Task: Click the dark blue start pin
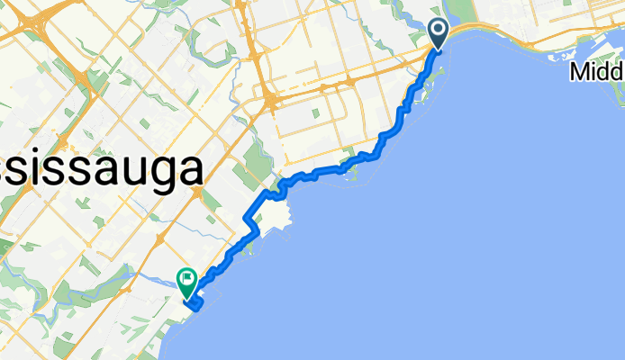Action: point(439,33)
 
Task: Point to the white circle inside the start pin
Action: point(439,30)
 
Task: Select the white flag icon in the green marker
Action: point(187,279)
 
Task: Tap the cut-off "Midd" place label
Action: point(596,72)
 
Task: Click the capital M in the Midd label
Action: point(577,72)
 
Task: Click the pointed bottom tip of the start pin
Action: point(439,48)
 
